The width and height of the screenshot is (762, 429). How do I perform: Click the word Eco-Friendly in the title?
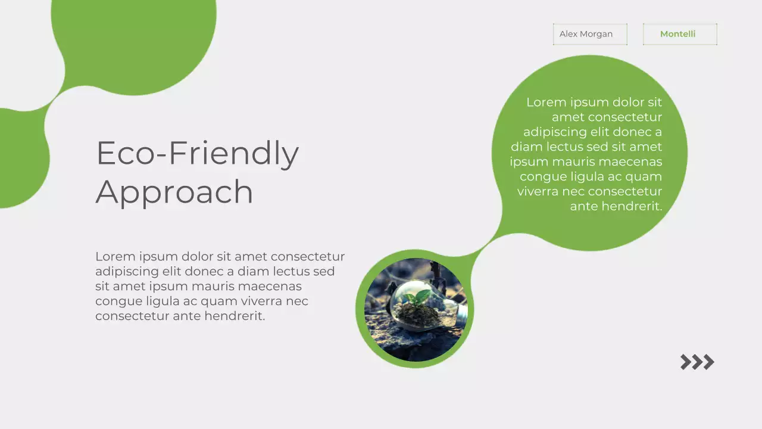(197, 153)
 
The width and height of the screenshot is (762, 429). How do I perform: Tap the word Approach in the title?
(174, 192)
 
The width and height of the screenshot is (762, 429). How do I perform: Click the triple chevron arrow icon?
(697, 362)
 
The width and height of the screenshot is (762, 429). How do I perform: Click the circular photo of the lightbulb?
(416, 309)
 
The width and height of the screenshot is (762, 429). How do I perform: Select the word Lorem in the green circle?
(546, 102)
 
